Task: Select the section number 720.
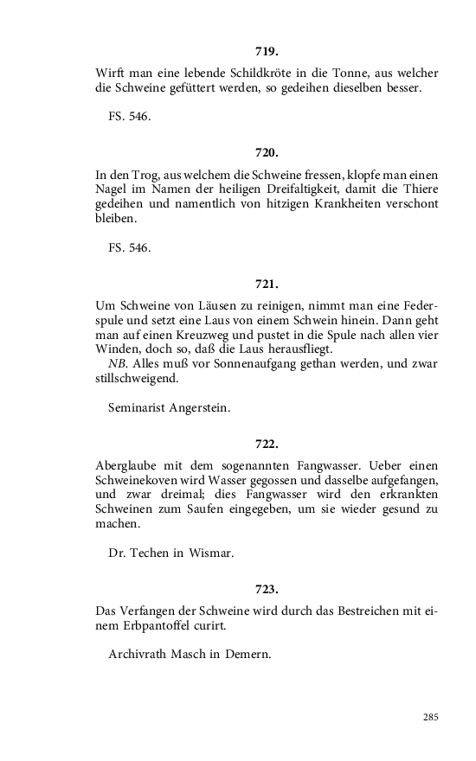point(267,152)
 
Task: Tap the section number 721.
point(267,284)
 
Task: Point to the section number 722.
point(267,444)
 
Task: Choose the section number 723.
point(267,589)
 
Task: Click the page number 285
point(430,717)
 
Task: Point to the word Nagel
point(112,189)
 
